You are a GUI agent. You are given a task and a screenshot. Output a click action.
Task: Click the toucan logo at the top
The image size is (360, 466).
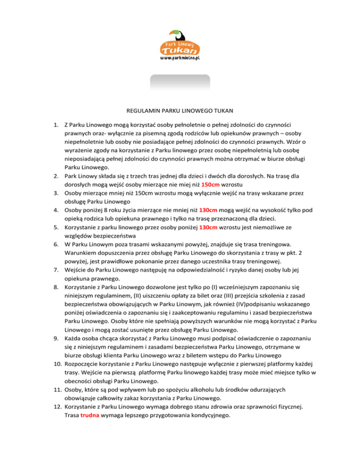[180, 43]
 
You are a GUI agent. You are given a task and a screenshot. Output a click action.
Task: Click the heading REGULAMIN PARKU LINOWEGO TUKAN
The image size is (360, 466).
[180, 112]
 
